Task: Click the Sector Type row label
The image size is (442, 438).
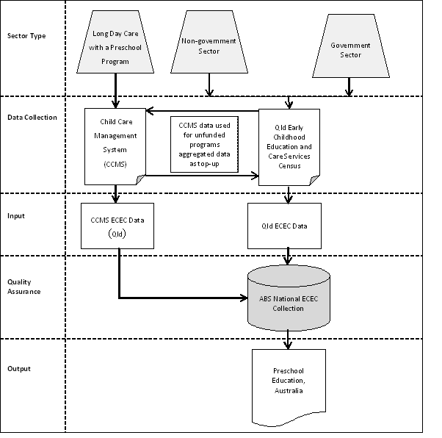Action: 26,36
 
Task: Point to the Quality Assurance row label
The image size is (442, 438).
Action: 24,287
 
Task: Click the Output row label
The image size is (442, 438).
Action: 19,367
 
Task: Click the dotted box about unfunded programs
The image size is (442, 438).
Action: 205,143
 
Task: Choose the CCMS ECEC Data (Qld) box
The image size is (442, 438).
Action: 117,225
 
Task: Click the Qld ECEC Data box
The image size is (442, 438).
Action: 288,225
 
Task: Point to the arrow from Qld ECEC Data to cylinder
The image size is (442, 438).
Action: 288,256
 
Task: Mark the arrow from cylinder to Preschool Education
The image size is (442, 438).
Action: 288,338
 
